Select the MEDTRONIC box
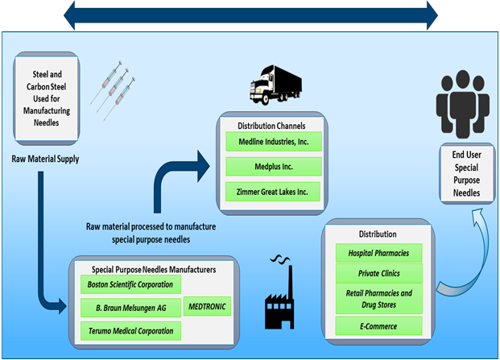point(208,307)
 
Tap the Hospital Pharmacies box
point(378,253)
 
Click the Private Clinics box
point(378,272)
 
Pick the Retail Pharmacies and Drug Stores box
point(378,298)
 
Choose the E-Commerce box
point(378,325)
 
